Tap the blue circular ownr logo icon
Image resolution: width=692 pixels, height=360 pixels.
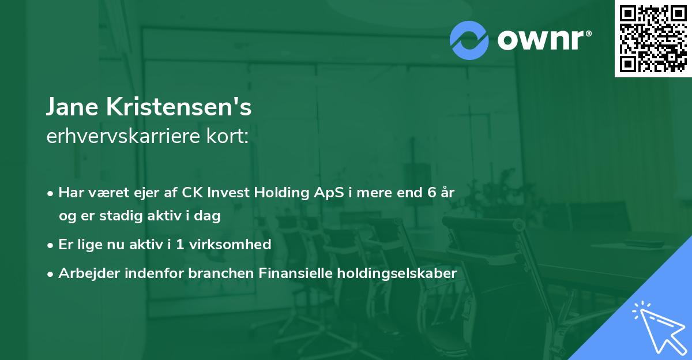469,40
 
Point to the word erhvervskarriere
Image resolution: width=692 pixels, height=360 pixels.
118,137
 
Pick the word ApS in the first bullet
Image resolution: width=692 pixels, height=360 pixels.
328,193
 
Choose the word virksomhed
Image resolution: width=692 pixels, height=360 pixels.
235,244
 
